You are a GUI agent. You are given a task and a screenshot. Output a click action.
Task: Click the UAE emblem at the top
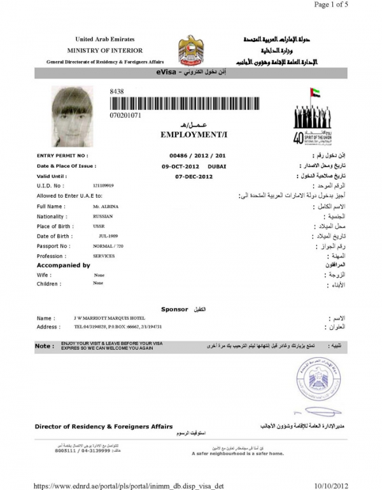tap(191, 50)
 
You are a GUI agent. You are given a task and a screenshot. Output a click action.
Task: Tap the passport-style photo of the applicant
tap(73, 115)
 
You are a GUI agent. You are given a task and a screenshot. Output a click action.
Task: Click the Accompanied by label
tap(63, 265)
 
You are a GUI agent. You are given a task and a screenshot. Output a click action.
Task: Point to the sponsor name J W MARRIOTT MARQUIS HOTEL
tap(110, 318)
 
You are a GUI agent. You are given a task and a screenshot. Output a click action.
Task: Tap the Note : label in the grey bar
tap(45, 346)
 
